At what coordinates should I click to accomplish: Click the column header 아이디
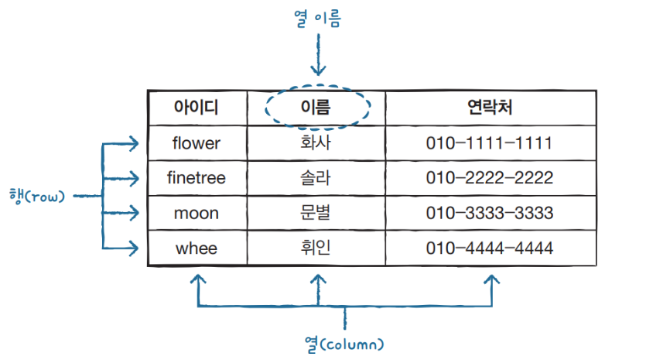point(197,108)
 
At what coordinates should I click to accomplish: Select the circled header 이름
point(315,108)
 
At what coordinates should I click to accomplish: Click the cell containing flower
point(197,143)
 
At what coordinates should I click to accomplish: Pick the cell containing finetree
point(197,178)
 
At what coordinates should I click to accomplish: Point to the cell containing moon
point(197,213)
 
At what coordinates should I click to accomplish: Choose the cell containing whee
point(197,249)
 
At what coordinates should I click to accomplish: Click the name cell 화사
point(315,143)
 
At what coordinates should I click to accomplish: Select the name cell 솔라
point(315,178)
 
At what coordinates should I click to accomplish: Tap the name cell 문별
point(315,213)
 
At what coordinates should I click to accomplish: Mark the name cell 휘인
point(315,249)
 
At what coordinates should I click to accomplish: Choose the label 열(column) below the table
point(344,341)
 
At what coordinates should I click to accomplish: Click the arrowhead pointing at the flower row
point(134,143)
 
